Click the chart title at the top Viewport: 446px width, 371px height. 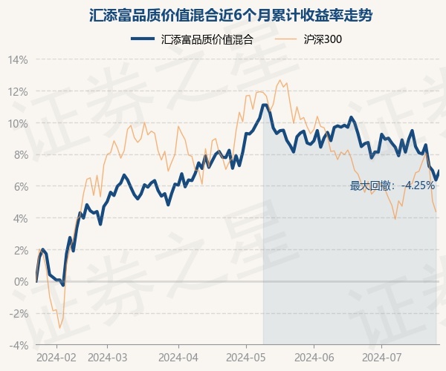tap(223, 15)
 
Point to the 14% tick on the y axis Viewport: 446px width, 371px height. tap(19, 59)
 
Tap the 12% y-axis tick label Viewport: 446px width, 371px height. tap(19, 91)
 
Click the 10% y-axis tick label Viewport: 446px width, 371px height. tap(19, 123)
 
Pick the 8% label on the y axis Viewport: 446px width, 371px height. tap(21, 155)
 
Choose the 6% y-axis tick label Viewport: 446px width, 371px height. tap(21, 186)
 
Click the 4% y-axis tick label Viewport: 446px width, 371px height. tap(21, 218)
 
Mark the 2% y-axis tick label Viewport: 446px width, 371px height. tap(21, 250)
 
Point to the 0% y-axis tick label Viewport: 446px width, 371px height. tap(21, 282)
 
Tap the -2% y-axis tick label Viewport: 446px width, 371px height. tap(19, 314)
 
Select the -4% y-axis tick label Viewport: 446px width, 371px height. tap(19, 346)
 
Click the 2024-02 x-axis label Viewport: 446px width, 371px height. tap(57, 357)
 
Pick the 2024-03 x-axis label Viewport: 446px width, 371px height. tap(108, 357)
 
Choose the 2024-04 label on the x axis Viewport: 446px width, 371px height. tap(179, 357)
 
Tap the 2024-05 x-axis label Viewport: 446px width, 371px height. tap(246, 357)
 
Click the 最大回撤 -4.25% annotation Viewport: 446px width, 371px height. tap(392, 185)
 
